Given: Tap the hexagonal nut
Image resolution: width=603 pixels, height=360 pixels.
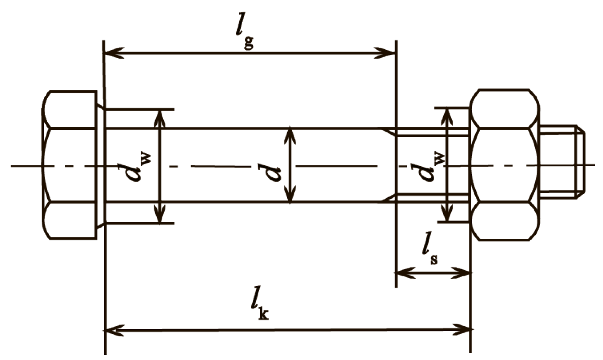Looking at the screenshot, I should click(x=505, y=165).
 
